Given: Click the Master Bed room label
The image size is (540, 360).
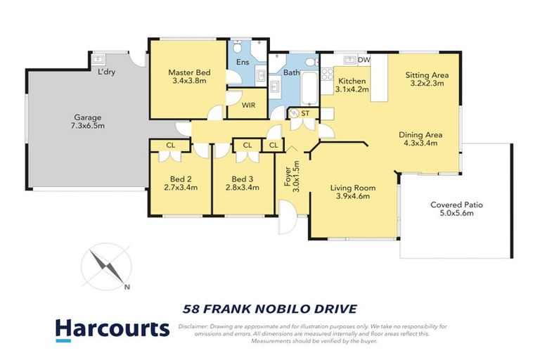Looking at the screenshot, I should tap(186, 72).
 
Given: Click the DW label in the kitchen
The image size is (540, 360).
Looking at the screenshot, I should tap(364, 60).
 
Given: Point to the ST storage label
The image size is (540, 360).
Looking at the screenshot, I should tap(306, 112).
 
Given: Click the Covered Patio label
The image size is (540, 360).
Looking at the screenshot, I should tap(457, 205).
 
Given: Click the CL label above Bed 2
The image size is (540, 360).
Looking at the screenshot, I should tap(170, 146).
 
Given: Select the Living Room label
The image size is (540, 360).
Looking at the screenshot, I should tap(353, 188).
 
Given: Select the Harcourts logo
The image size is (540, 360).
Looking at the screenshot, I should tap(112, 328).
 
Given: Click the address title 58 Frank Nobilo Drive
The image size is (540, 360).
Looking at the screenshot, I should tap(270, 308).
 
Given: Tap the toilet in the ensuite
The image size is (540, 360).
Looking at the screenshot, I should tap(239, 48).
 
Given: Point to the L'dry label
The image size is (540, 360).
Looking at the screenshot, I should tap(107, 72).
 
